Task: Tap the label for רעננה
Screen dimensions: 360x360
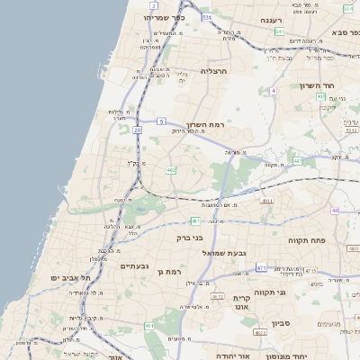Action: [273, 19]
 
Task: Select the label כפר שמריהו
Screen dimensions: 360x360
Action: [165, 16]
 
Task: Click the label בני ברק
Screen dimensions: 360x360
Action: [189, 238]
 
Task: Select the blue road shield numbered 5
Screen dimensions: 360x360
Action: [161, 121]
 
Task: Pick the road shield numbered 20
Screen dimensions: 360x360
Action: [137, 130]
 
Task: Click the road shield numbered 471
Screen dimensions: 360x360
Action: [261, 267]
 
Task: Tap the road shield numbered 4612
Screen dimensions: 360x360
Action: [217, 295]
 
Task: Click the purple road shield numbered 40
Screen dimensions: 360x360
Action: [335, 211]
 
